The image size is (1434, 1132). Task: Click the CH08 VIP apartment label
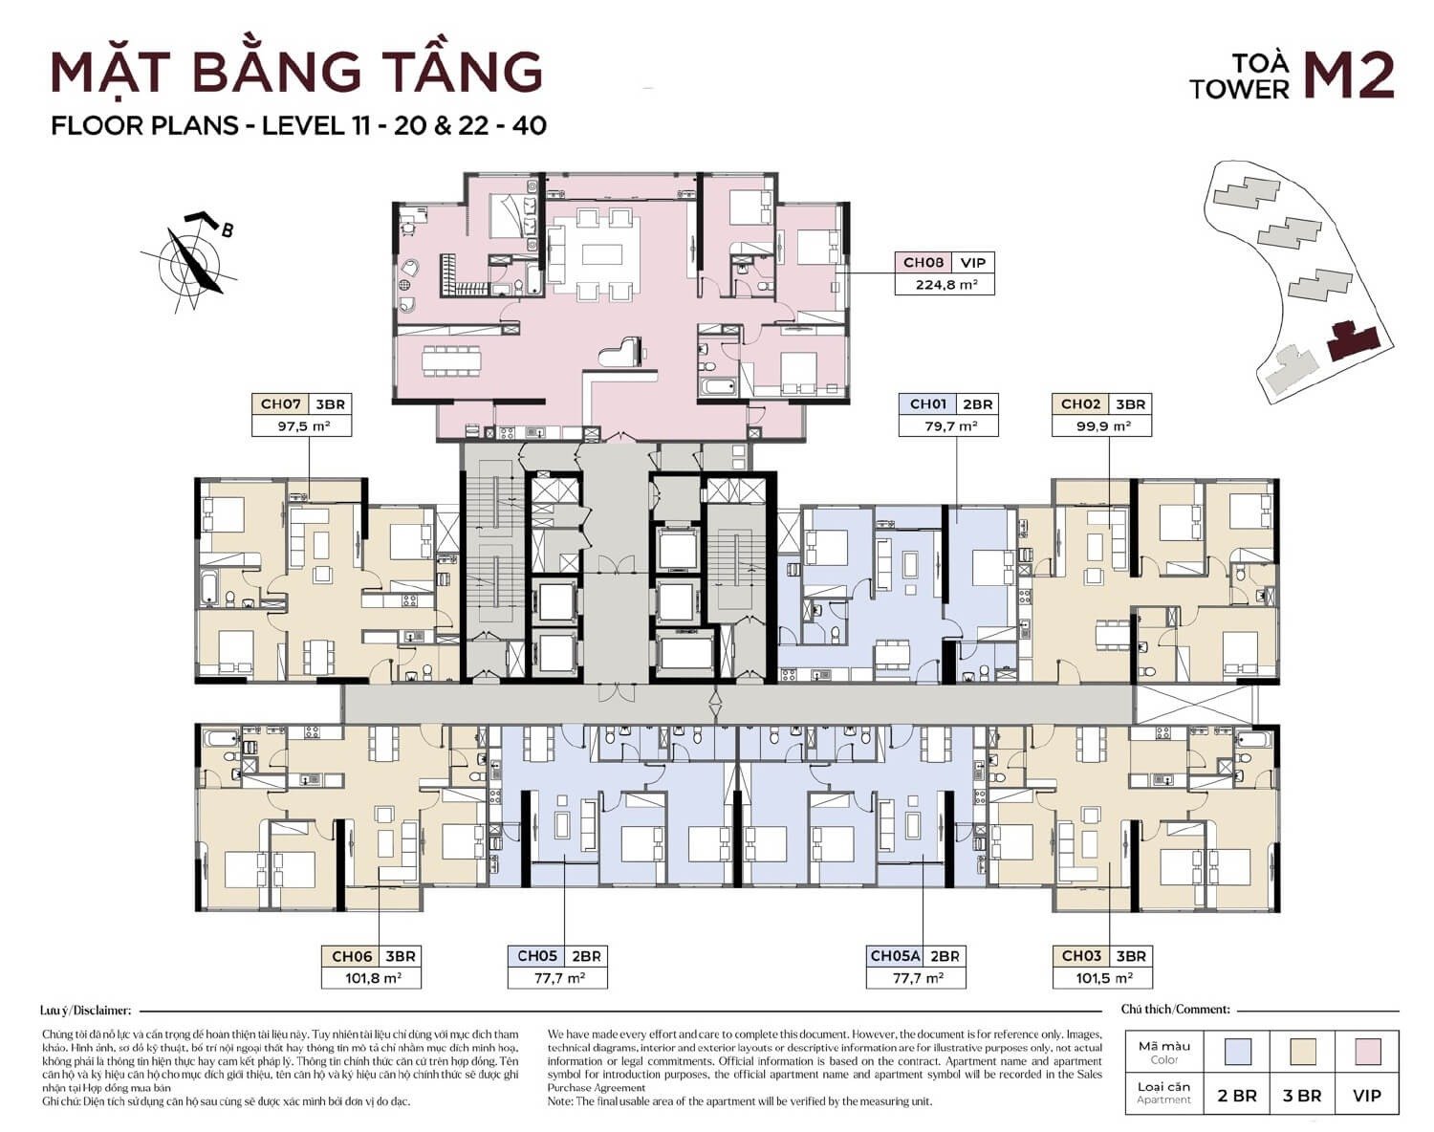pyautogui.click(x=944, y=263)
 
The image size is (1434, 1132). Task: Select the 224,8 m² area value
pyautogui.click(x=944, y=284)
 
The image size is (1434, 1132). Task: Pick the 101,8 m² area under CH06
pyautogui.click(x=372, y=978)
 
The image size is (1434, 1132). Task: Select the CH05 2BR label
pyautogui.click(x=558, y=956)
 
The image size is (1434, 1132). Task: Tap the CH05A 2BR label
pyautogui.click(x=914, y=956)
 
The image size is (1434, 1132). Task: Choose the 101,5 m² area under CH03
pyautogui.click(x=1102, y=978)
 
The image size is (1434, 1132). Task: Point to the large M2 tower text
pyautogui.click(x=1350, y=76)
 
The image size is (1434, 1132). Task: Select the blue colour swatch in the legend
pyautogui.click(x=1238, y=1052)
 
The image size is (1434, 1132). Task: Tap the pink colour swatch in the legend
pyautogui.click(x=1368, y=1052)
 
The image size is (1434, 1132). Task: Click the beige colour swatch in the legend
pyautogui.click(x=1302, y=1052)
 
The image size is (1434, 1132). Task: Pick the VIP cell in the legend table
pyautogui.click(x=1368, y=1096)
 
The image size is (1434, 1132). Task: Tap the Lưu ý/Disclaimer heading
pyautogui.click(x=85, y=1010)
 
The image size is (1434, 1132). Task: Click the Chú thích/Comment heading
pyautogui.click(x=1175, y=1010)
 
